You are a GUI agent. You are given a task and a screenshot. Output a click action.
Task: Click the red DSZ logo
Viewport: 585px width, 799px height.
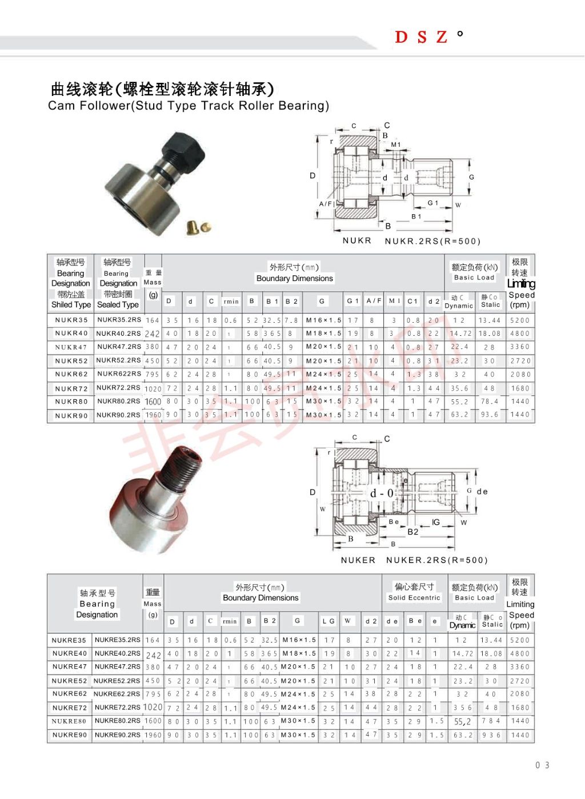coord(421,37)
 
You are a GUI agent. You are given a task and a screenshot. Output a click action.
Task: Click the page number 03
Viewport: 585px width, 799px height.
coord(542,765)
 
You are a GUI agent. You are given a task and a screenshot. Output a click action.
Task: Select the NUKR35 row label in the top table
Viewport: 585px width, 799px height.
coord(71,320)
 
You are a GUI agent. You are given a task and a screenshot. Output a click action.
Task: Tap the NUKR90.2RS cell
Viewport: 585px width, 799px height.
coord(118,415)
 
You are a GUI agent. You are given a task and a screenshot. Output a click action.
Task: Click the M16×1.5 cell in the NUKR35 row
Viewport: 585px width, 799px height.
coord(323,320)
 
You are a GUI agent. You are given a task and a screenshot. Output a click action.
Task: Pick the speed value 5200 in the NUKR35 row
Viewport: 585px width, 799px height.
coord(520,320)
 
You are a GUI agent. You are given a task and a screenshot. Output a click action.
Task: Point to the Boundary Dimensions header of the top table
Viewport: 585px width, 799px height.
coord(294,279)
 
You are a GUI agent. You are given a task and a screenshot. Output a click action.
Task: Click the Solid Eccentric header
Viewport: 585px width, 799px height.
coord(414,598)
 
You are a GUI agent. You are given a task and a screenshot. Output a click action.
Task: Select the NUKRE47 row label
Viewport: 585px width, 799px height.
coord(69,666)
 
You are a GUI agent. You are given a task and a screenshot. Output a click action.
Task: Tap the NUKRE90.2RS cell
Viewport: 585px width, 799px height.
coord(117,735)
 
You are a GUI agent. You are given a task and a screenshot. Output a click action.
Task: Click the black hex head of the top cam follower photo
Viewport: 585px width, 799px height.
coord(186,148)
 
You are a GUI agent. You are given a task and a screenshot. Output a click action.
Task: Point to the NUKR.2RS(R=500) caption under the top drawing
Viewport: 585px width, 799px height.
coord(432,241)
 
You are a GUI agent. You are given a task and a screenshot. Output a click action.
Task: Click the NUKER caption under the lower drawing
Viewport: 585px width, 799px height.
coord(358,560)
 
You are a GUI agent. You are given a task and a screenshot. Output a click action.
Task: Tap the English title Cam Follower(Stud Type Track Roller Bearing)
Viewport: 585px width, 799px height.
coord(189,106)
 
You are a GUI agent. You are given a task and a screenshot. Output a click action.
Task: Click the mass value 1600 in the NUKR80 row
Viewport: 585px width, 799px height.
coord(153,401)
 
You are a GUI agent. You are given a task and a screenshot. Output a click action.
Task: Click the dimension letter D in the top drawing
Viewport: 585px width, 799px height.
coord(312,175)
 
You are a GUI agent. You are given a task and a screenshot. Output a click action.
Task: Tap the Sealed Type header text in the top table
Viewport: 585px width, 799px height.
coord(118,305)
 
